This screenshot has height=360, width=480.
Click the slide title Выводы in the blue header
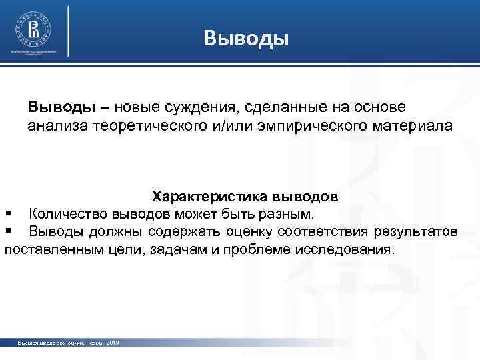(x=246, y=38)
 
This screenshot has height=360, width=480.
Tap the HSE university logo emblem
(x=33, y=29)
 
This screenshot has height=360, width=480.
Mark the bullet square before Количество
(x=9, y=214)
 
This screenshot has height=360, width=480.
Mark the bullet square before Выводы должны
(x=9, y=231)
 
